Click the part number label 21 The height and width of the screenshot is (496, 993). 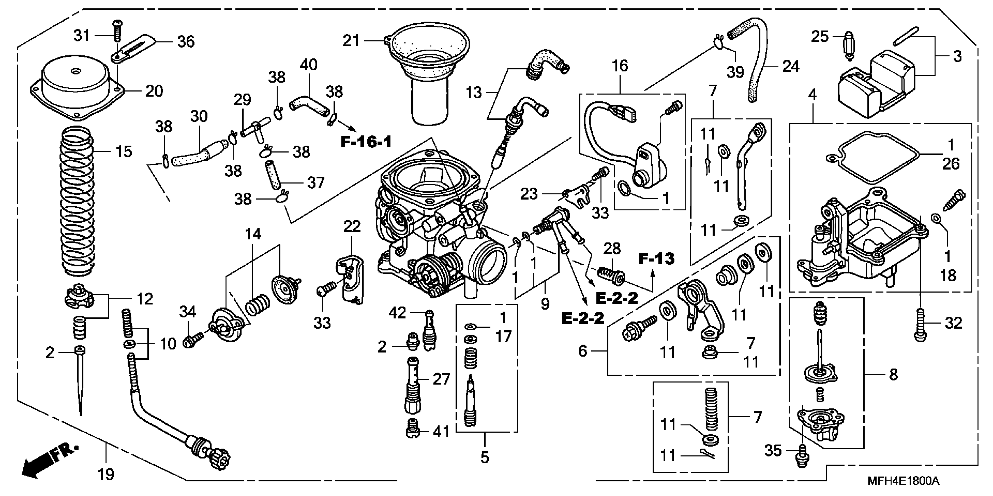[351, 41]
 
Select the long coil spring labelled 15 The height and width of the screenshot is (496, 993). [77, 200]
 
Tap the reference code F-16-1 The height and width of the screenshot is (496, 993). [366, 142]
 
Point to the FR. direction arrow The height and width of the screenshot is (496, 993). [46, 462]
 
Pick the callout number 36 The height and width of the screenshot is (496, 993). [186, 42]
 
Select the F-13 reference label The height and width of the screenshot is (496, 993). [657, 259]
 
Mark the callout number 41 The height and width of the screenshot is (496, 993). [441, 432]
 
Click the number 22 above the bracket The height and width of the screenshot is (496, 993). [352, 227]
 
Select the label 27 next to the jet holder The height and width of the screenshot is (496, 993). [441, 379]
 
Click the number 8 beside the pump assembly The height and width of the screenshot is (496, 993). [893, 374]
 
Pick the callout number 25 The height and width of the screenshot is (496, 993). [820, 36]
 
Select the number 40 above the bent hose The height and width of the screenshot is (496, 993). [308, 65]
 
